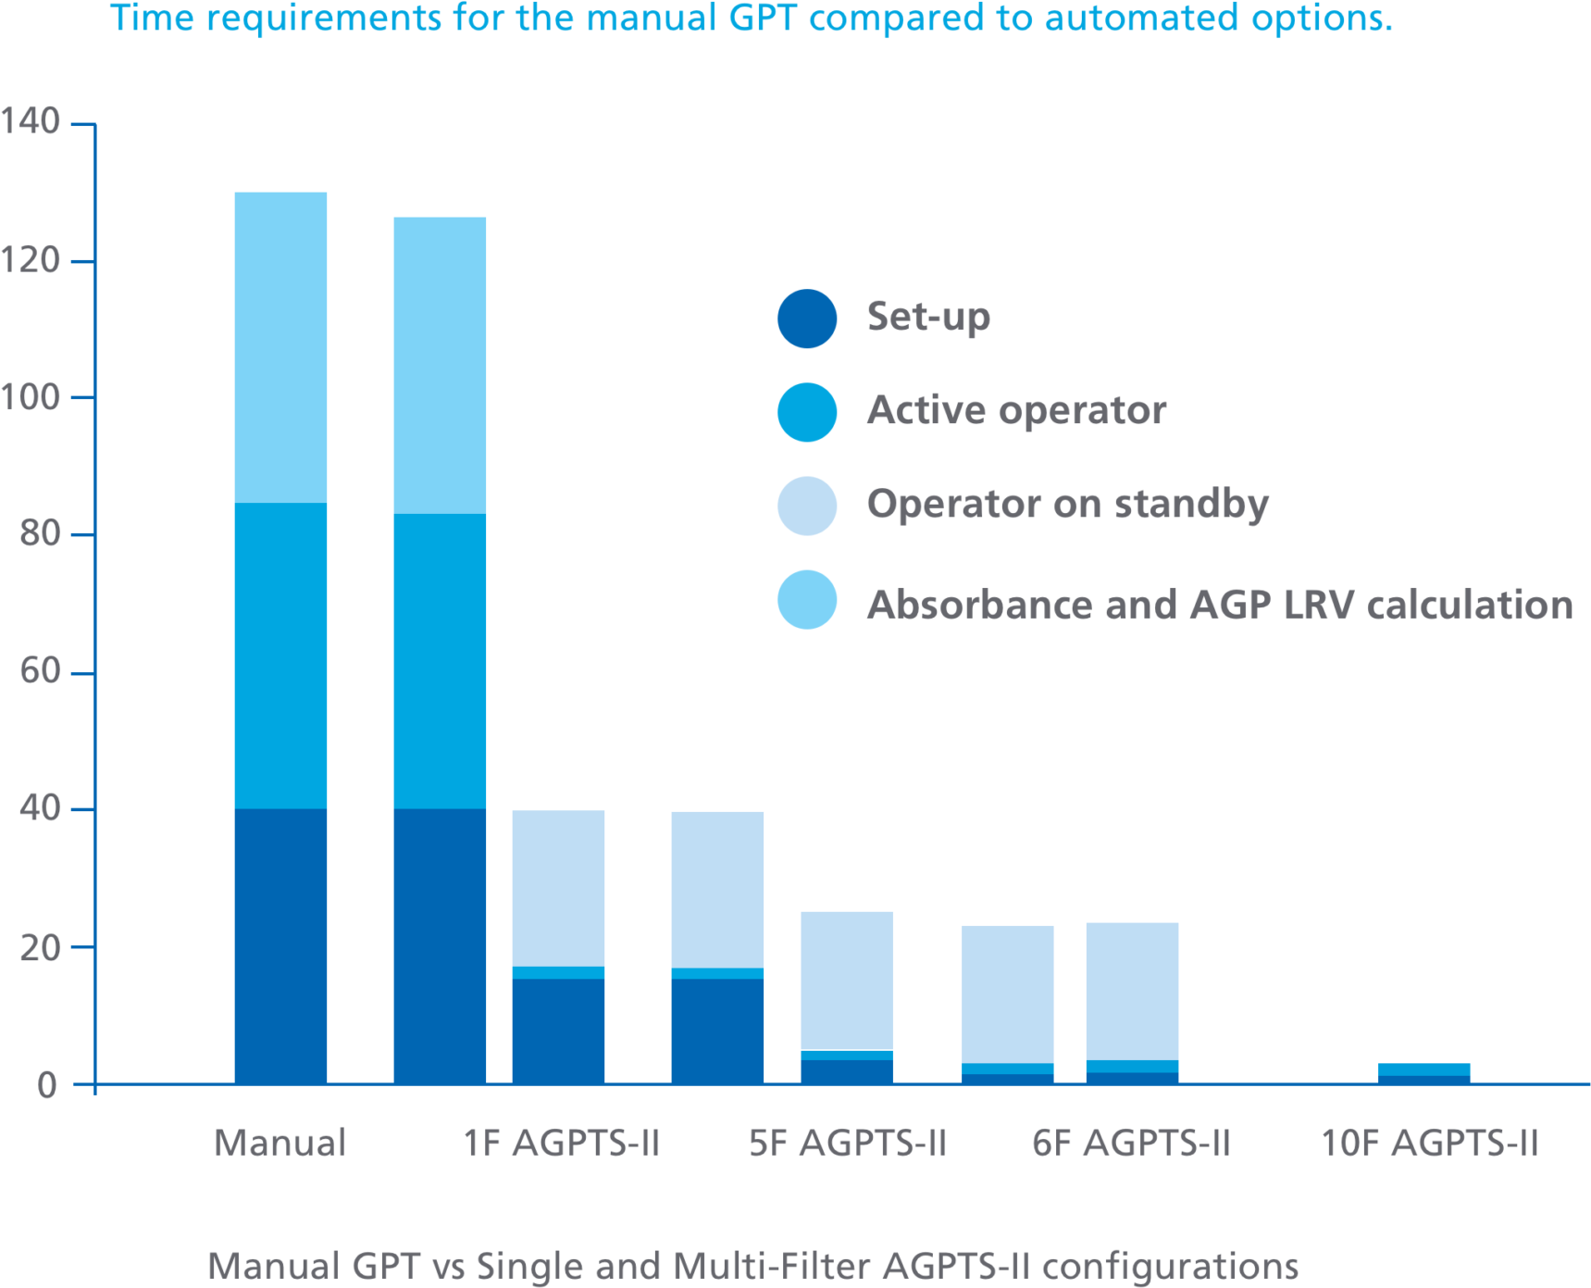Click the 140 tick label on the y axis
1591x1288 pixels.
[31, 121]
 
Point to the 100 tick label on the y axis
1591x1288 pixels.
[31, 397]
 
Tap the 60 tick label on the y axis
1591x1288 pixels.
[40, 671]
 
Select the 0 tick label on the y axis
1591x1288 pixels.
[47, 1084]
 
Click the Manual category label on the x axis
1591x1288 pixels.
[280, 1143]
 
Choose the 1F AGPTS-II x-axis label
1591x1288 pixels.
[562, 1143]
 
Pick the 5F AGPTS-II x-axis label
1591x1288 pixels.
[848, 1143]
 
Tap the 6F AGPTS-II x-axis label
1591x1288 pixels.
[1131, 1143]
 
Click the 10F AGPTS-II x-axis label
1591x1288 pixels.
[1429, 1143]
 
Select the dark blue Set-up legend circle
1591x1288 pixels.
[807, 319]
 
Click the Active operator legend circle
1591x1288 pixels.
[807, 412]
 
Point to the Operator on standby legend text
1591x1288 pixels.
[1067, 505]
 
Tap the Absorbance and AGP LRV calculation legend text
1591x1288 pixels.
[1219, 605]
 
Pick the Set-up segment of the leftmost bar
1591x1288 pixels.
[280, 944]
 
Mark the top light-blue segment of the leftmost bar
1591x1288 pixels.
[280, 347]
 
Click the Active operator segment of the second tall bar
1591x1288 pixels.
[440, 661]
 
